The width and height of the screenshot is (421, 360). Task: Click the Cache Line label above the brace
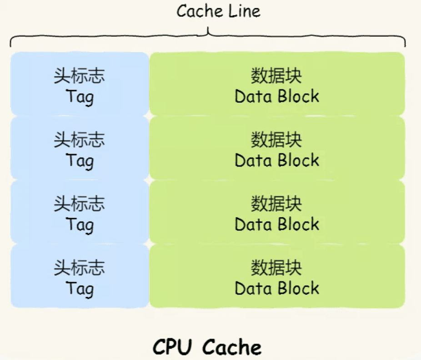click(218, 11)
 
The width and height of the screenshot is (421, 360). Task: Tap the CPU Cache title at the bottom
click(207, 347)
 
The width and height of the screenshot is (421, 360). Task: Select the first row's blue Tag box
click(80, 84)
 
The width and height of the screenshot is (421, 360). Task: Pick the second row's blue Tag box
click(80, 148)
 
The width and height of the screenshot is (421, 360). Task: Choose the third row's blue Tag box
click(80, 212)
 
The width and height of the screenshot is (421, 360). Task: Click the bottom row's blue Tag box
click(80, 276)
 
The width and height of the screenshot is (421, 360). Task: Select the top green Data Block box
click(277, 84)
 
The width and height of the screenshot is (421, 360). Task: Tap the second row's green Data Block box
click(277, 148)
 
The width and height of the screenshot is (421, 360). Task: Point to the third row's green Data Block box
click(277, 212)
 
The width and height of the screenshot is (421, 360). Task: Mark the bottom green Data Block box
click(277, 276)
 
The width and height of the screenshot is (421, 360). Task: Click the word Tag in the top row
click(80, 97)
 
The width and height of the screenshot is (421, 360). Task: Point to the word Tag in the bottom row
click(80, 289)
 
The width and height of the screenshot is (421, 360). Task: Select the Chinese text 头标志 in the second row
click(80, 140)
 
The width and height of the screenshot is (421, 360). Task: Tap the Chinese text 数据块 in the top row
click(276, 76)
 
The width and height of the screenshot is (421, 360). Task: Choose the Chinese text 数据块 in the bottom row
click(276, 268)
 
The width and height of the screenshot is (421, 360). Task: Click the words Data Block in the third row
click(277, 224)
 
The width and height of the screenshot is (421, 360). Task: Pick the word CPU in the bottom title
click(172, 347)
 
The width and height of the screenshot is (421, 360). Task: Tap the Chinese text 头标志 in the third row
click(80, 204)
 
